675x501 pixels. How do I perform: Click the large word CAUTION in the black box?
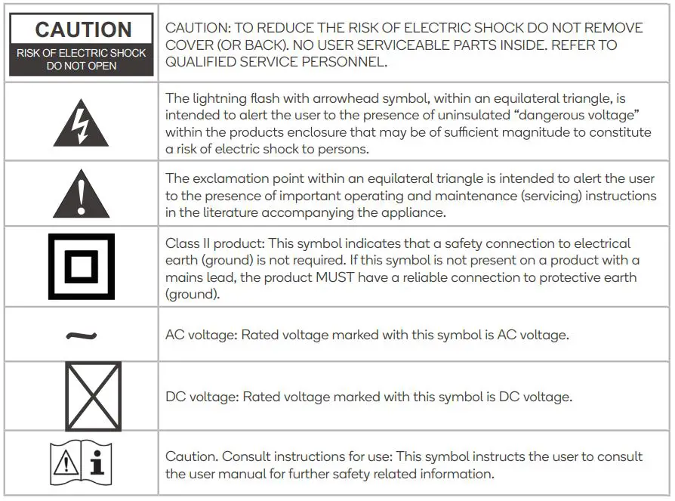coord(83,29)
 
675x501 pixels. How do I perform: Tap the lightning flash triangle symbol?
coord(81,124)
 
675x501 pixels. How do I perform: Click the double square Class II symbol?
coord(81,266)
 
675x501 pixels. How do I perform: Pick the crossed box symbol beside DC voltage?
coord(92,396)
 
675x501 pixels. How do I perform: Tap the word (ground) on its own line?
coord(193,294)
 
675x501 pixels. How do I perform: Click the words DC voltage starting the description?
coord(201,397)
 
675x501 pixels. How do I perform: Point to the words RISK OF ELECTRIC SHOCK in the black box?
coord(81,53)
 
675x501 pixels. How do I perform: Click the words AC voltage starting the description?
coord(200,335)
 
